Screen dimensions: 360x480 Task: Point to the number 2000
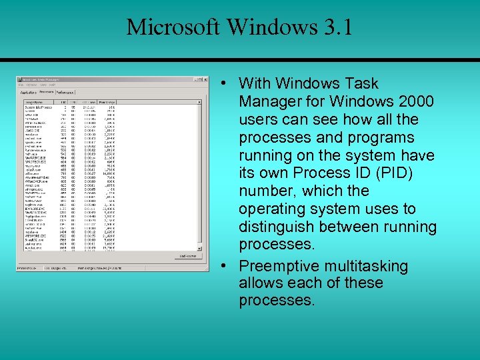[x=413, y=101]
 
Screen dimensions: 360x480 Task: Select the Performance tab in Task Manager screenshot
[x=65, y=92]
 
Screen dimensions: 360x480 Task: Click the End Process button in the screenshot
[x=187, y=256]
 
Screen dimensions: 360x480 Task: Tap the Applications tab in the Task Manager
[x=28, y=92]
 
